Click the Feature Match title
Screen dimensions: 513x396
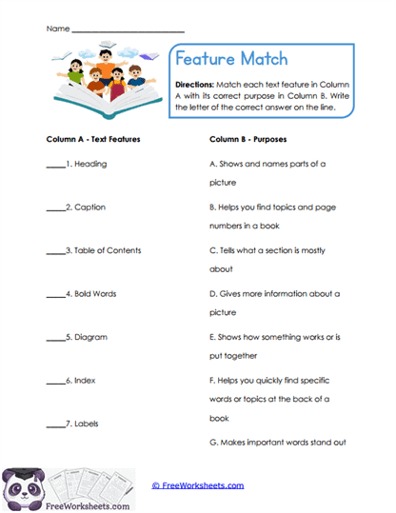point(233,59)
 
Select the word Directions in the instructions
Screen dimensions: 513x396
point(199,84)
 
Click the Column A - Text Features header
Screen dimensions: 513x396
point(93,139)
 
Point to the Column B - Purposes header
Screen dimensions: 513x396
point(249,139)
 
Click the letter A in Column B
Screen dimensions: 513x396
point(212,164)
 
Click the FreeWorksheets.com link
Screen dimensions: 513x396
point(198,485)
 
